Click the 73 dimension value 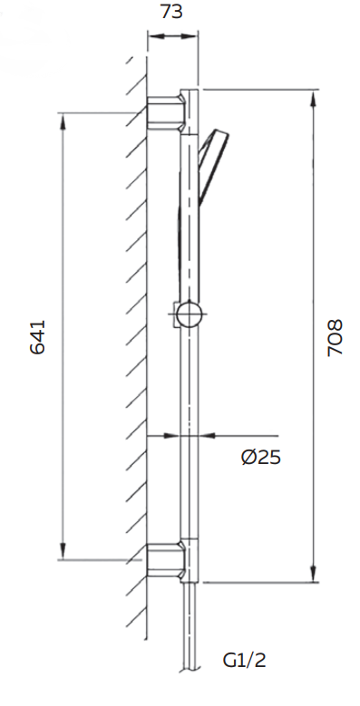[x=171, y=12]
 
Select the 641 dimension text [x=38, y=337]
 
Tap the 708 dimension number [x=335, y=338]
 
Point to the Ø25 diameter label [x=261, y=458]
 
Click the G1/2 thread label [x=245, y=661]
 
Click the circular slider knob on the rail [x=190, y=314]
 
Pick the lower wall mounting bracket [x=166, y=560]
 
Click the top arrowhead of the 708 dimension [x=313, y=99]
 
